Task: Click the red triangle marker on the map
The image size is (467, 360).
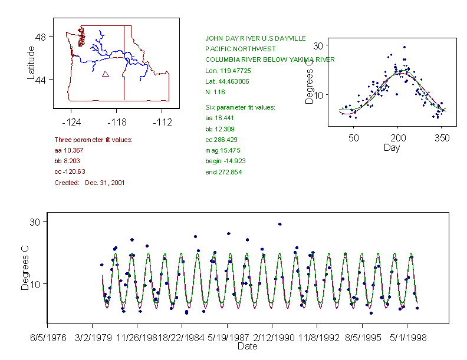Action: (x=106, y=74)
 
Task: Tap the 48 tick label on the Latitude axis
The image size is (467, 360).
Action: (x=40, y=37)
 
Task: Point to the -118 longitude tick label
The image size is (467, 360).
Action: (x=117, y=123)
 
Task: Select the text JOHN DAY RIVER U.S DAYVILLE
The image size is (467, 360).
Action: (x=255, y=38)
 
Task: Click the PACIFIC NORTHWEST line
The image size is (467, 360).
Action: (x=241, y=49)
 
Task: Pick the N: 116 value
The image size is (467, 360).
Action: (x=215, y=92)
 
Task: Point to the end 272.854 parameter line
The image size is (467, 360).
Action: (x=223, y=172)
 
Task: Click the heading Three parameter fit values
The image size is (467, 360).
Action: (x=93, y=140)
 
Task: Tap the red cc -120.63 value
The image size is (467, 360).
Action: (x=70, y=171)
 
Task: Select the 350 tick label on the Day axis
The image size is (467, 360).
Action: (x=442, y=138)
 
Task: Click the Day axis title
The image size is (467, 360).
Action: (x=392, y=147)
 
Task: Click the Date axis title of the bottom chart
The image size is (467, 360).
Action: (x=247, y=346)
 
